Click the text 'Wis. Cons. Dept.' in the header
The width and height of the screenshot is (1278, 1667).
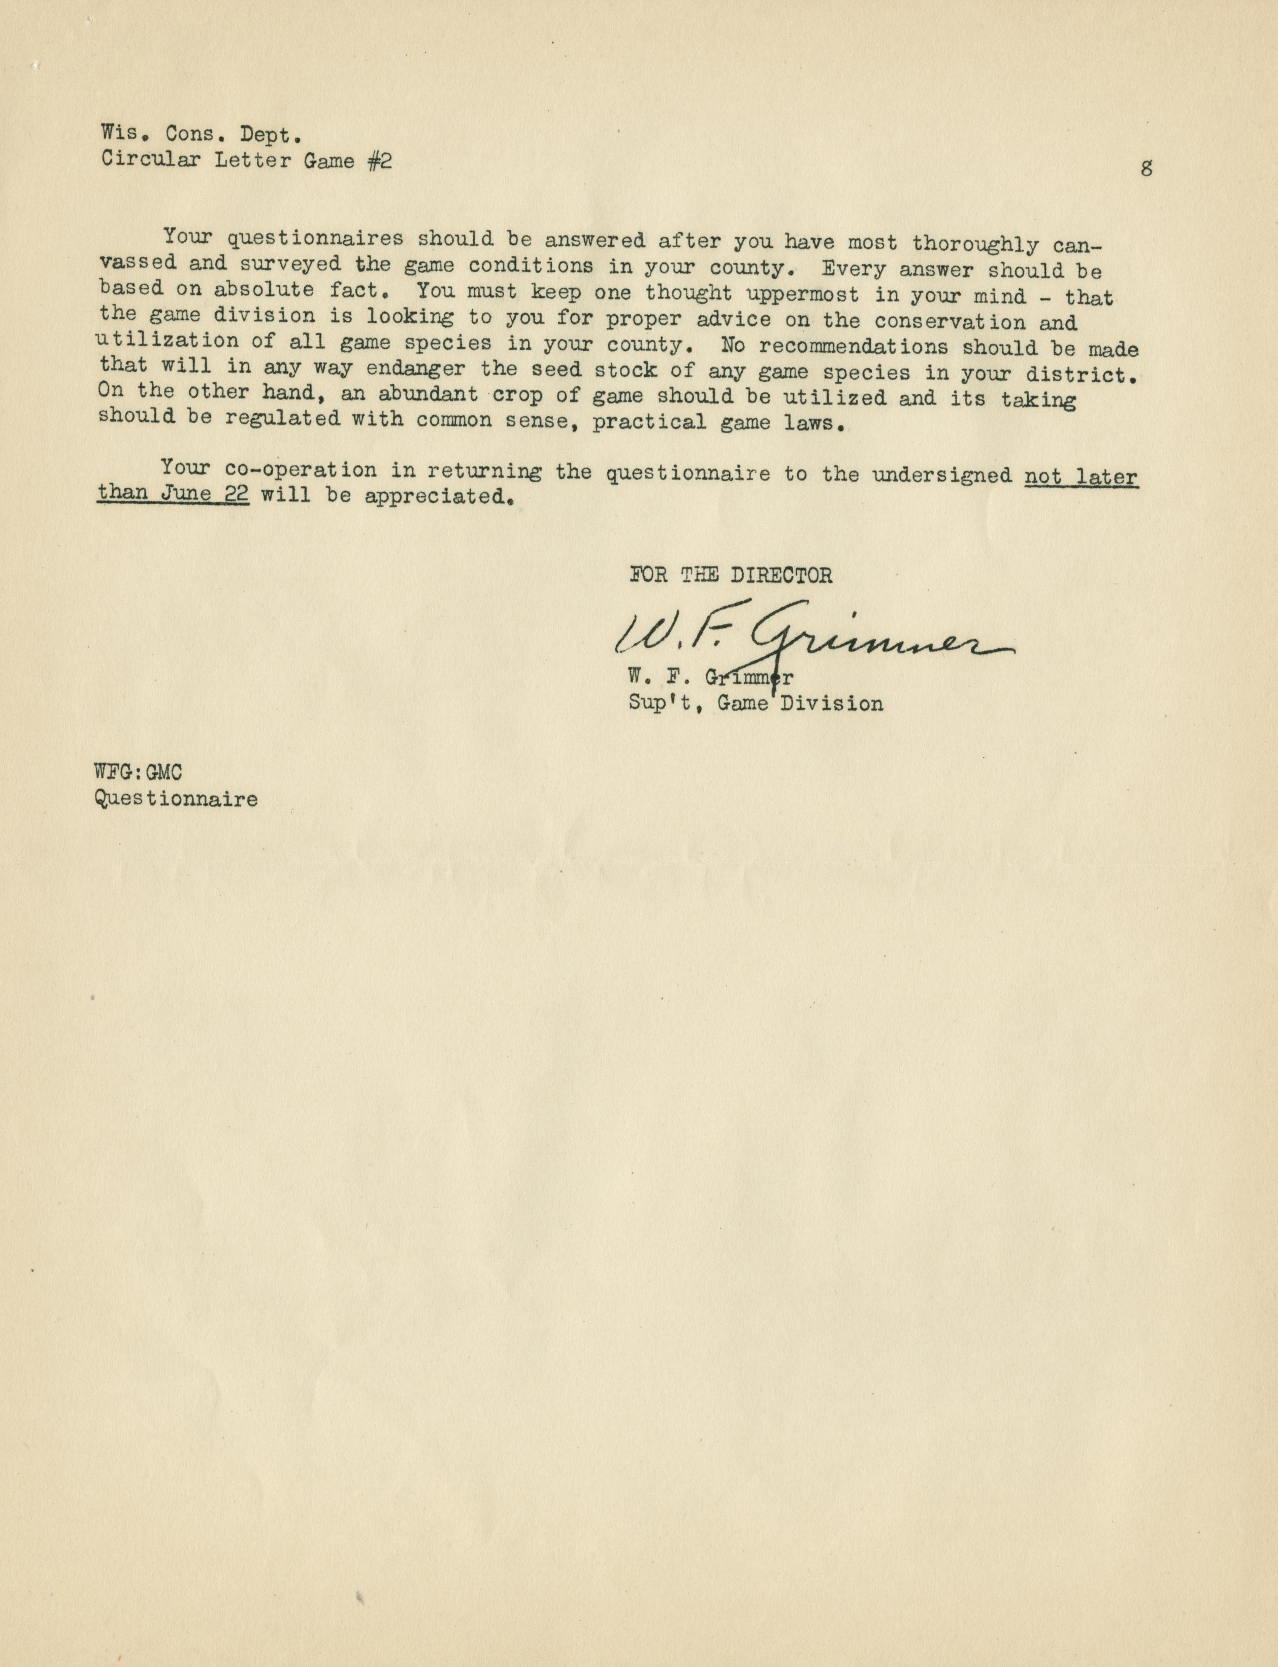click(x=202, y=135)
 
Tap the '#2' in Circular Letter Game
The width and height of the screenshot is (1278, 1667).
click(x=380, y=162)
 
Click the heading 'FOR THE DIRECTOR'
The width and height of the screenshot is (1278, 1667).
click(x=730, y=575)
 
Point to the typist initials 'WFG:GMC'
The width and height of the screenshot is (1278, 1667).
click(x=139, y=773)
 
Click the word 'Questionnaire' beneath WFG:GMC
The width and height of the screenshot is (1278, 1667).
click(x=176, y=799)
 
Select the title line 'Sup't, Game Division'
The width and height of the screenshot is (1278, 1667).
click(x=756, y=704)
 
